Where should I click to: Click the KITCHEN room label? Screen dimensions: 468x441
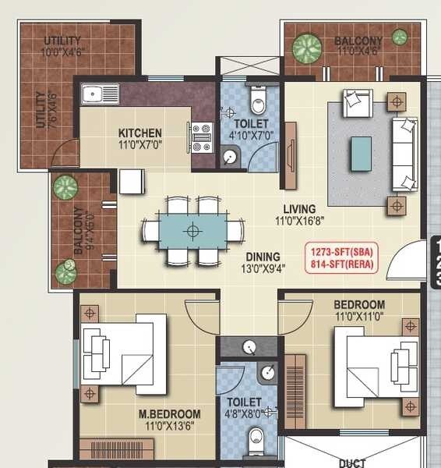[x=140, y=133]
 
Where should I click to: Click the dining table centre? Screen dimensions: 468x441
[x=192, y=232]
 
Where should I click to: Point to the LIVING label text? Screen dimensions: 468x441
[x=299, y=209]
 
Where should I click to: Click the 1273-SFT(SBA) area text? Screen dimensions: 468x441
[x=340, y=252]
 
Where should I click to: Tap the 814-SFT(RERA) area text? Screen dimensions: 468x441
[x=340, y=265]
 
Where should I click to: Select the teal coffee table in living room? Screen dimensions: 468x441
[x=361, y=154]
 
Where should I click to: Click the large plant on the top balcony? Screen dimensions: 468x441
[x=306, y=48]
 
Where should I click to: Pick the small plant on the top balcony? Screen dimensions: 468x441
[x=399, y=37]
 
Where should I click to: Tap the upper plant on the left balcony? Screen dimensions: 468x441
[x=65, y=188]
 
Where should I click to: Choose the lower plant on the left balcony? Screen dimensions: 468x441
[x=65, y=271]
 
